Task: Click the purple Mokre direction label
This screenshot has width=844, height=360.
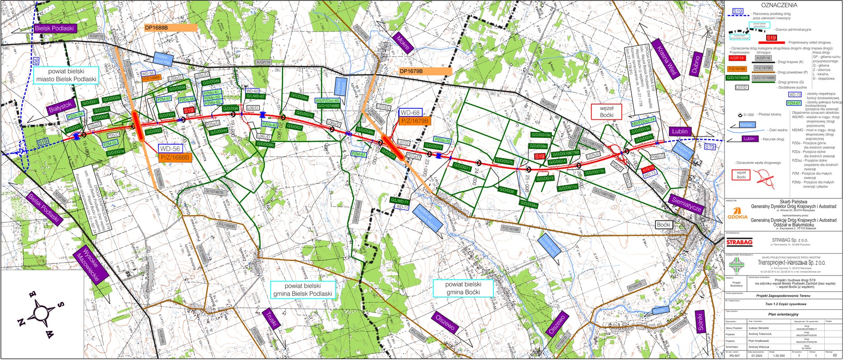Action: [402, 43]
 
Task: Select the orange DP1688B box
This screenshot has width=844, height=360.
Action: [171, 27]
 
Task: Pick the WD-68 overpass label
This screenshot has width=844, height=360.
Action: [410, 113]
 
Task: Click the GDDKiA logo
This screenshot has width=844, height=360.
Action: [737, 214]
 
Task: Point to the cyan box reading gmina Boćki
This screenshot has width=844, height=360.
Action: [463, 288]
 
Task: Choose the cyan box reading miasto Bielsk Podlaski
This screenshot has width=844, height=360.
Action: [66, 75]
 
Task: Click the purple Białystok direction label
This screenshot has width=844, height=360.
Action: [60, 107]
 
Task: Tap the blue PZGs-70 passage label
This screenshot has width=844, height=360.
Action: [442, 140]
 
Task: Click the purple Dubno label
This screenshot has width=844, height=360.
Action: [696, 63]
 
